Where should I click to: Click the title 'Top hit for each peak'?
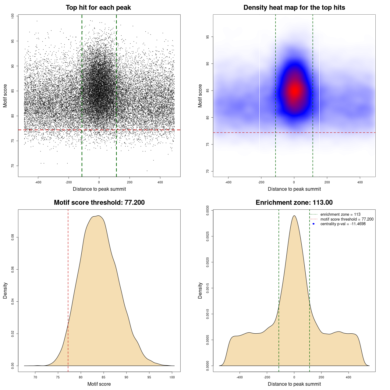pyautogui.click(x=98, y=8)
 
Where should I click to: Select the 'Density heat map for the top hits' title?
pyautogui.click(x=294, y=8)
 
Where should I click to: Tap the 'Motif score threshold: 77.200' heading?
pyautogui.click(x=99, y=203)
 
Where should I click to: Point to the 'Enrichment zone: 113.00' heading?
pyautogui.click(x=294, y=203)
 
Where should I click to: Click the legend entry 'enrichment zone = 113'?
pyautogui.click(x=340, y=214)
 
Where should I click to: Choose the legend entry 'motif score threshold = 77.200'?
pyautogui.click(x=347, y=219)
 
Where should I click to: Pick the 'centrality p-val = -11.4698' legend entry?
pyautogui.click(x=343, y=224)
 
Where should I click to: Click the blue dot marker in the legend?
pyautogui.click(x=314, y=224)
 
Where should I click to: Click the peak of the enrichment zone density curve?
pyautogui.click(x=294, y=216)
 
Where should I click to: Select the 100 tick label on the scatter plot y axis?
pyautogui.click(x=12, y=16)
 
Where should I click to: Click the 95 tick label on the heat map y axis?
pyautogui.click(x=207, y=37)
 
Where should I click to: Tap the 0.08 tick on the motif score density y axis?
pyautogui.click(x=12, y=237)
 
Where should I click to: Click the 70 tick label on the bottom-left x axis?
pyautogui.click(x=35, y=378)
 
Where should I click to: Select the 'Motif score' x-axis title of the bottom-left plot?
pyautogui.click(x=99, y=384)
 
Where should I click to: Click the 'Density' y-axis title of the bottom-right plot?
pyautogui.click(x=200, y=290)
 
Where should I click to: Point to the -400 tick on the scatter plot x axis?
pyautogui.click(x=38, y=183)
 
